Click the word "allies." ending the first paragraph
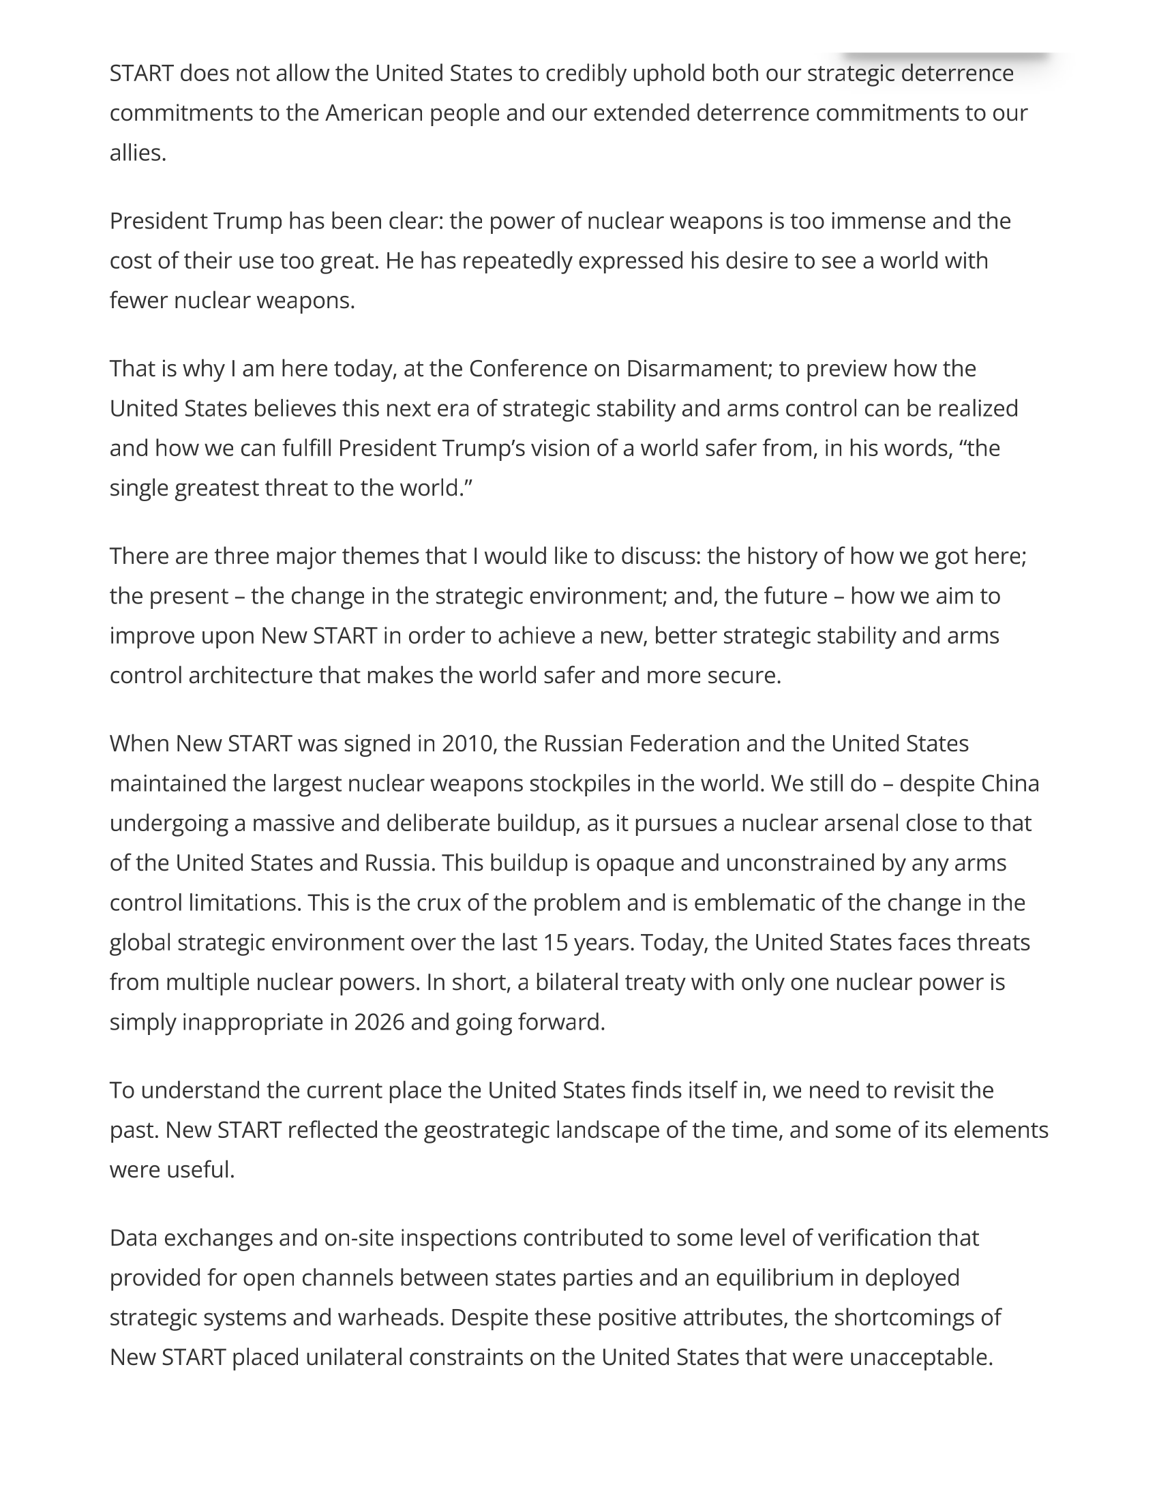[138, 153]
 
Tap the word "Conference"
[527, 369]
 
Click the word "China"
[1009, 783]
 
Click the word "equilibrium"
[787, 1278]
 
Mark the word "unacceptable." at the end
[921, 1357]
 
